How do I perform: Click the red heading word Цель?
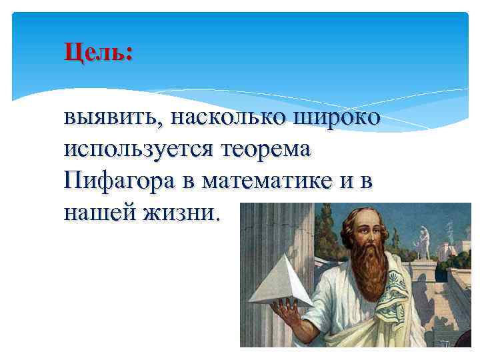[x=98, y=51]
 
